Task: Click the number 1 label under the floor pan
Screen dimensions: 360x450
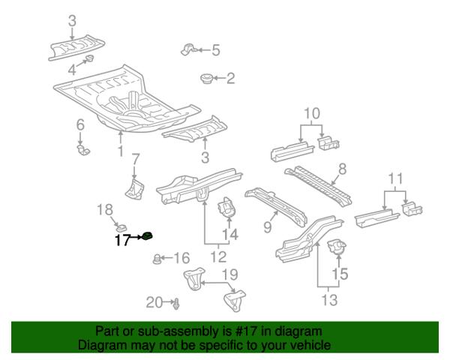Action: (x=121, y=152)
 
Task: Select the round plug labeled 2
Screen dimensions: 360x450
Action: (x=208, y=78)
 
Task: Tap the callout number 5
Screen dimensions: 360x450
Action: (x=216, y=50)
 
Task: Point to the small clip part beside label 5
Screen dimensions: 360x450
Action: (x=189, y=49)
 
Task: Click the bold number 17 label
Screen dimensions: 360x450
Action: (x=122, y=240)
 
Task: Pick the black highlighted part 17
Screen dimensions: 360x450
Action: (x=148, y=238)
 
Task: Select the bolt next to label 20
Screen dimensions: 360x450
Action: (x=175, y=303)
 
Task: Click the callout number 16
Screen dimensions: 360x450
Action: (x=181, y=258)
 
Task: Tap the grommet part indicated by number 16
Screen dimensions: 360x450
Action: (x=157, y=259)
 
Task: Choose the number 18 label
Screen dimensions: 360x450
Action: (x=105, y=209)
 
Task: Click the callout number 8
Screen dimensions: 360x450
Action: (x=341, y=169)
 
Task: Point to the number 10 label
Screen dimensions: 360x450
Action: (x=311, y=114)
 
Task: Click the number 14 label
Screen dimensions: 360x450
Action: (x=230, y=235)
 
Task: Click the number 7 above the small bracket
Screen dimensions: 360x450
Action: (x=135, y=158)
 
